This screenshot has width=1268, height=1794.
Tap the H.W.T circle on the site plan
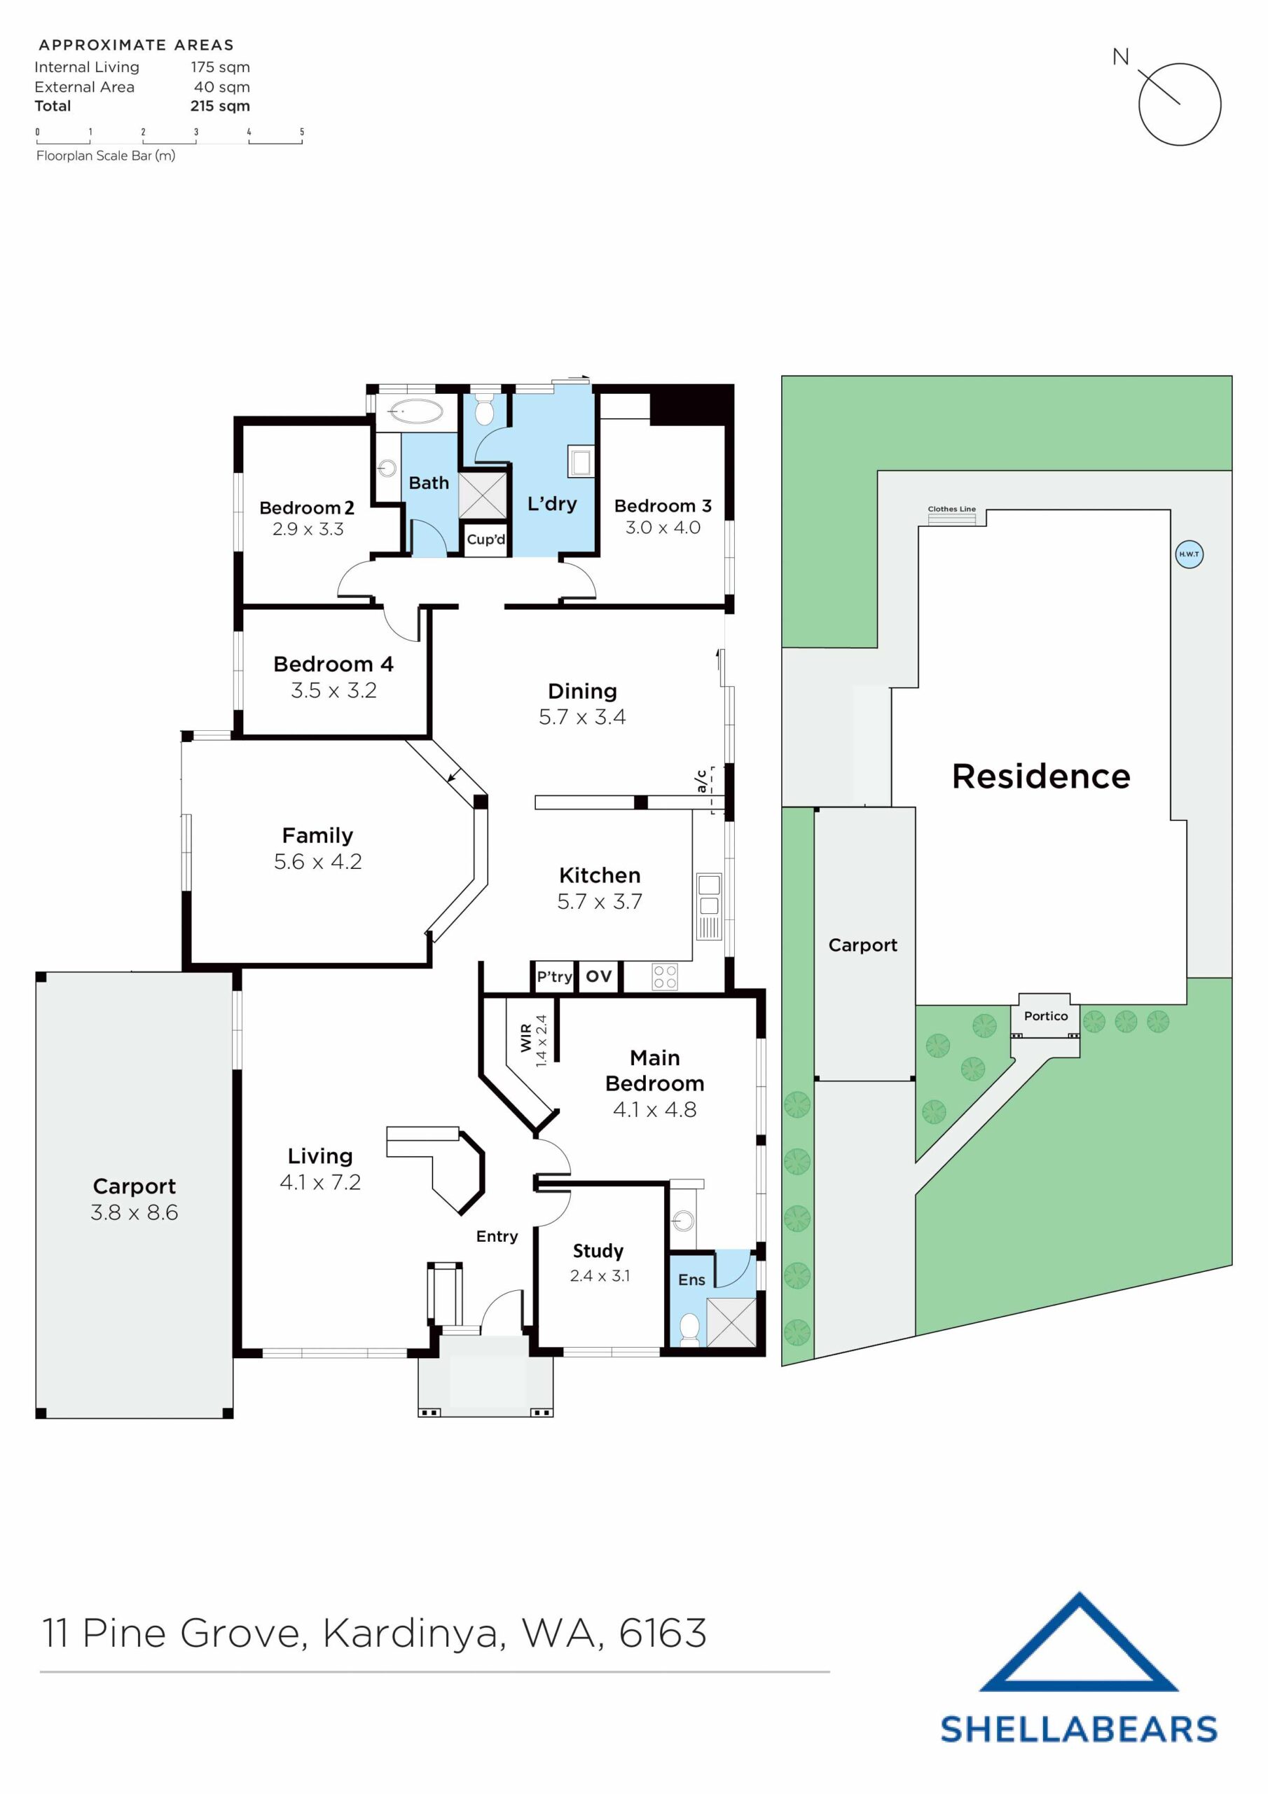click(1188, 554)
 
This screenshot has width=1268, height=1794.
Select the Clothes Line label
click(951, 509)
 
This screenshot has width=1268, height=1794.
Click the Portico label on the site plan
click(1045, 1015)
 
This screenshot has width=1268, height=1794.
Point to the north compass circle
click(1179, 104)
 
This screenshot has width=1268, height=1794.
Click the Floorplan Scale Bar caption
click(106, 156)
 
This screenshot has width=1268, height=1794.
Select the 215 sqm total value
click(219, 107)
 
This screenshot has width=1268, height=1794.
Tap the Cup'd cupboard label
click(485, 539)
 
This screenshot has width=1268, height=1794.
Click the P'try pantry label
click(554, 977)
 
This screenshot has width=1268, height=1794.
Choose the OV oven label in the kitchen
click(598, 976)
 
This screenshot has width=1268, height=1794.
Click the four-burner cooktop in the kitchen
click(665, 977)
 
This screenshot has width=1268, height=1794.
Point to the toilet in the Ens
click(689, 1327)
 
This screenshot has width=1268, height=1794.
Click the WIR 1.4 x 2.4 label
click(534, 1041)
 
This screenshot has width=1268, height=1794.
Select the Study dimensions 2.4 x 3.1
click(599, 1275)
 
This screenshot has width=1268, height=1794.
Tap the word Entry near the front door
click(497, 1236)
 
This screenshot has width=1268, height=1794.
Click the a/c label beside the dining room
click(701, 781)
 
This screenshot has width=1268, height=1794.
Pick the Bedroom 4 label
click(333, 664)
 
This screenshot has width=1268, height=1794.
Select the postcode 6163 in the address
click(663, 1633)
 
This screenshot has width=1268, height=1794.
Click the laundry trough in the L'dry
click(579, 462)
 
